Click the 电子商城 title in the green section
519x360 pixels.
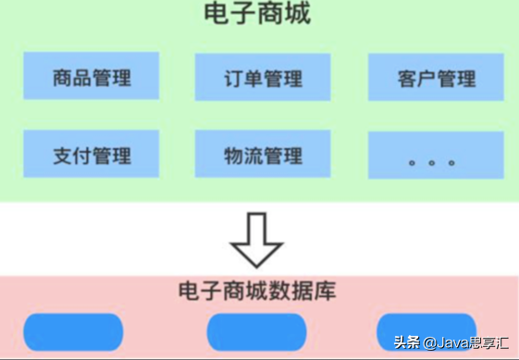(257, 14)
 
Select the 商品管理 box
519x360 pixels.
(92, 77)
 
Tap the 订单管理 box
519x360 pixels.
(263, 77)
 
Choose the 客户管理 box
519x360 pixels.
(434, 77)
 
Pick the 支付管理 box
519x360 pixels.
(92, 154)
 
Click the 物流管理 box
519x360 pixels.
(263, 154)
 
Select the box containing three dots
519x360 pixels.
(434, 154)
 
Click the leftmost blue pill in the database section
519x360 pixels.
(73, 330)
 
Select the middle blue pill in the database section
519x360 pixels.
(256, 330)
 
